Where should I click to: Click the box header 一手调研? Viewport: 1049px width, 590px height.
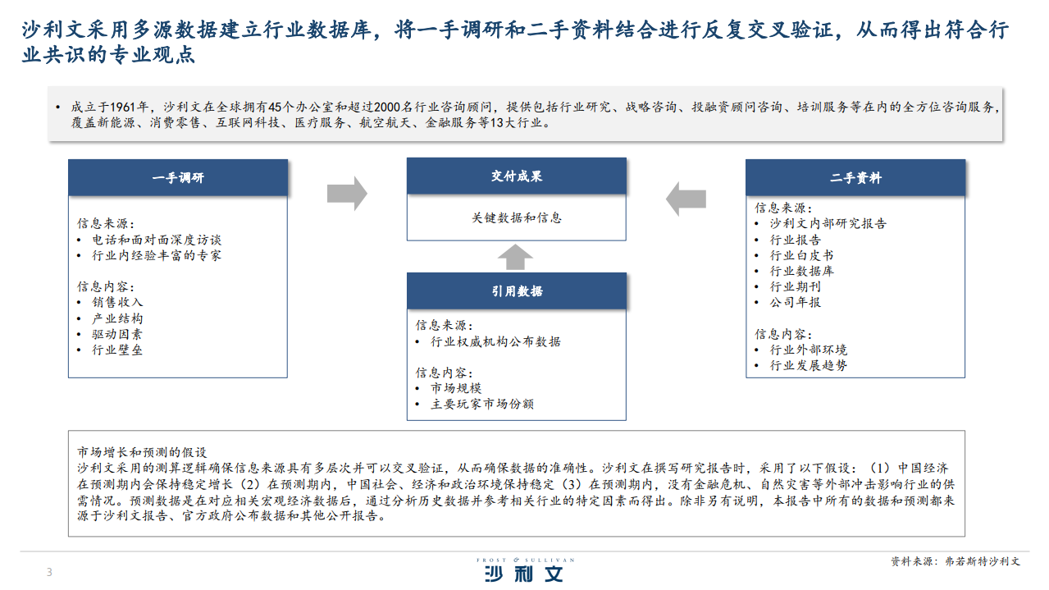[178, 177]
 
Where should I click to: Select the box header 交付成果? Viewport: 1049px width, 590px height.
[517, 176]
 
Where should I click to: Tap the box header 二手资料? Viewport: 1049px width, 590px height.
[855, 177]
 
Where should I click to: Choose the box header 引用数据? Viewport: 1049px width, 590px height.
[517, 291]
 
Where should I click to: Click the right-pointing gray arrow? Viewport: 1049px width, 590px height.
[347, 194]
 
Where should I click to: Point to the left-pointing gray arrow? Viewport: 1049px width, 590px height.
[686, 199]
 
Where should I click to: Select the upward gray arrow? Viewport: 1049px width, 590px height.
[515, 257]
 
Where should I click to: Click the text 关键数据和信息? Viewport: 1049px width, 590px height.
[517, 217]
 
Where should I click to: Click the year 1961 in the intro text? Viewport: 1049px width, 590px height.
[123, 107]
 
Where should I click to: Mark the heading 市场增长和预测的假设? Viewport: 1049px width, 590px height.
[142, 452]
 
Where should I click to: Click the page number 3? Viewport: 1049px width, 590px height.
[49, 572]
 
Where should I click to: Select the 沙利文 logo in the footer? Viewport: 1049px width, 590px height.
[525, 569]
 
